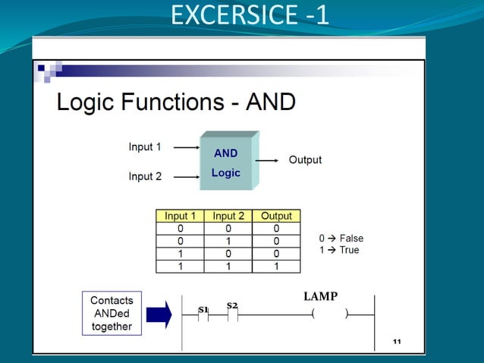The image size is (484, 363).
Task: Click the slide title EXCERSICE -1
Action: click(x=250, y=15)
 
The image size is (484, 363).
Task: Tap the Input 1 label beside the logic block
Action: click(x=145, y=147)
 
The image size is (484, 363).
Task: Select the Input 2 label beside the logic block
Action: click(x=145, y=177)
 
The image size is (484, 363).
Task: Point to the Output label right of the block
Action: click(x=305, y=160)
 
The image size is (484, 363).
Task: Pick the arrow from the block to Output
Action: click(x=269, y=160)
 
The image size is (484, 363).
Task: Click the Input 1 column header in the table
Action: click(x=180, y=216)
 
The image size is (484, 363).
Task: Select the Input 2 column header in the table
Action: click(x=228, y=216)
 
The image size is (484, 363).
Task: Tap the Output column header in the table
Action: click(x=276, y=216)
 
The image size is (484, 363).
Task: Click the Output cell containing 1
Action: click(x=276, y=267)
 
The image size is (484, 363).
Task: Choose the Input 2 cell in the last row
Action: click(x=228, y=267)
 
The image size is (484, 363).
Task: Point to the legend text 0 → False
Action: click(x=341, y=238)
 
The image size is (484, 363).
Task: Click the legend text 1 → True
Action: click(x=339, y=250)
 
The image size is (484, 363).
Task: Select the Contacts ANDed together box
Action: click(x=111, y=314)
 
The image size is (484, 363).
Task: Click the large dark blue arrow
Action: click(x=159, y=314)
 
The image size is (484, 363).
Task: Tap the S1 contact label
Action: click(x=203, y=309)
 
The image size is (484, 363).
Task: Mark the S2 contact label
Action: click(x=232, y=305)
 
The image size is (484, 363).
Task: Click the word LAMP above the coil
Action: click(x=320, y=296)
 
